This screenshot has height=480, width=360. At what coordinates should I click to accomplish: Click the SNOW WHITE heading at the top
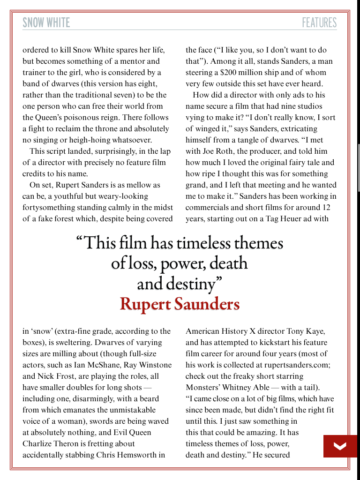tap(46, 22)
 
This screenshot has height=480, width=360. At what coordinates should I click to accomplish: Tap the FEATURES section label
tap(319, 22)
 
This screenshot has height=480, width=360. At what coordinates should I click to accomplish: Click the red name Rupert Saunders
tap(180, 304)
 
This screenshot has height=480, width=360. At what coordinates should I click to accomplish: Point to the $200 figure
tap(229, 73)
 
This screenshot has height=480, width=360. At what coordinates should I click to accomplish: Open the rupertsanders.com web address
tap(294, 365)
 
